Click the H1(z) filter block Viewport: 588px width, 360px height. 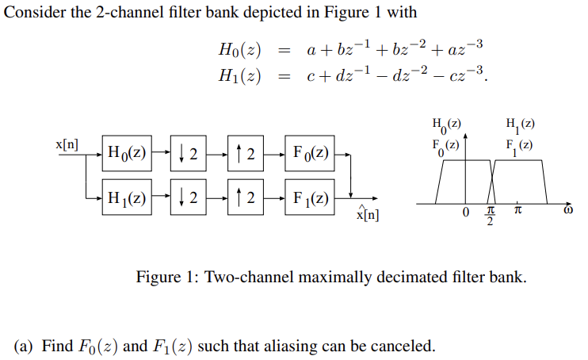[x=126, y=198]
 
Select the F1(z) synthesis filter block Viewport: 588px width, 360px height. [x=310, y=198]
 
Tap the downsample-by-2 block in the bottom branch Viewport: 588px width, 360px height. [x=188, y=198]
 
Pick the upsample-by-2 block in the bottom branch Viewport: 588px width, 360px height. [x=245, y=198]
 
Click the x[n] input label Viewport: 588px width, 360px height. [x=67, y=144]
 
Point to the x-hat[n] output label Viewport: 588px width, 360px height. [x=368, y=214]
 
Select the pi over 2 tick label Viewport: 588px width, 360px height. [x=490, y=216]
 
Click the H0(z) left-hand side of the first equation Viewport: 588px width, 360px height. [x=239, y=49]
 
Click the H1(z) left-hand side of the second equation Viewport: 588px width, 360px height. [x=239, y=78]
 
